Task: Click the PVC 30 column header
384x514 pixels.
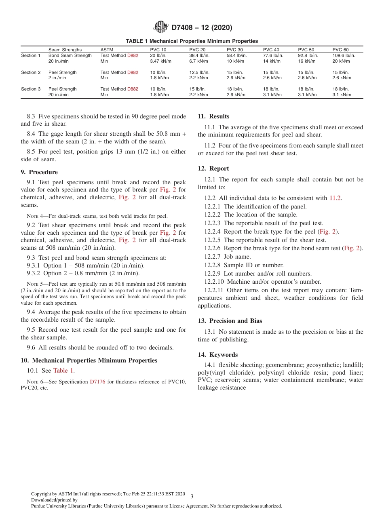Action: [234, 50]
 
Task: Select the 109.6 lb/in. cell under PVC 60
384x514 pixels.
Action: [344, 55]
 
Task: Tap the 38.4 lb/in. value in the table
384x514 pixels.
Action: [199, 55]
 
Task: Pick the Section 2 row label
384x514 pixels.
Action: [31, 72]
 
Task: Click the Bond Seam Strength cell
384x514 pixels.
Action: [70, 55]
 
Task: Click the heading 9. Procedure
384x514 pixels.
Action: [39, 172]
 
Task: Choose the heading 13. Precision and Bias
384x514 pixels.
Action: [230, 321]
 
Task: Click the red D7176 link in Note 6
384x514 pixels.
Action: [97, 381]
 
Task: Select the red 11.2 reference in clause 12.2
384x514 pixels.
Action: [335, 198]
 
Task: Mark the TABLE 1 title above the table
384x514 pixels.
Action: [192, 41]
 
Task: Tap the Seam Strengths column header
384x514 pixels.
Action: [65, 50]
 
